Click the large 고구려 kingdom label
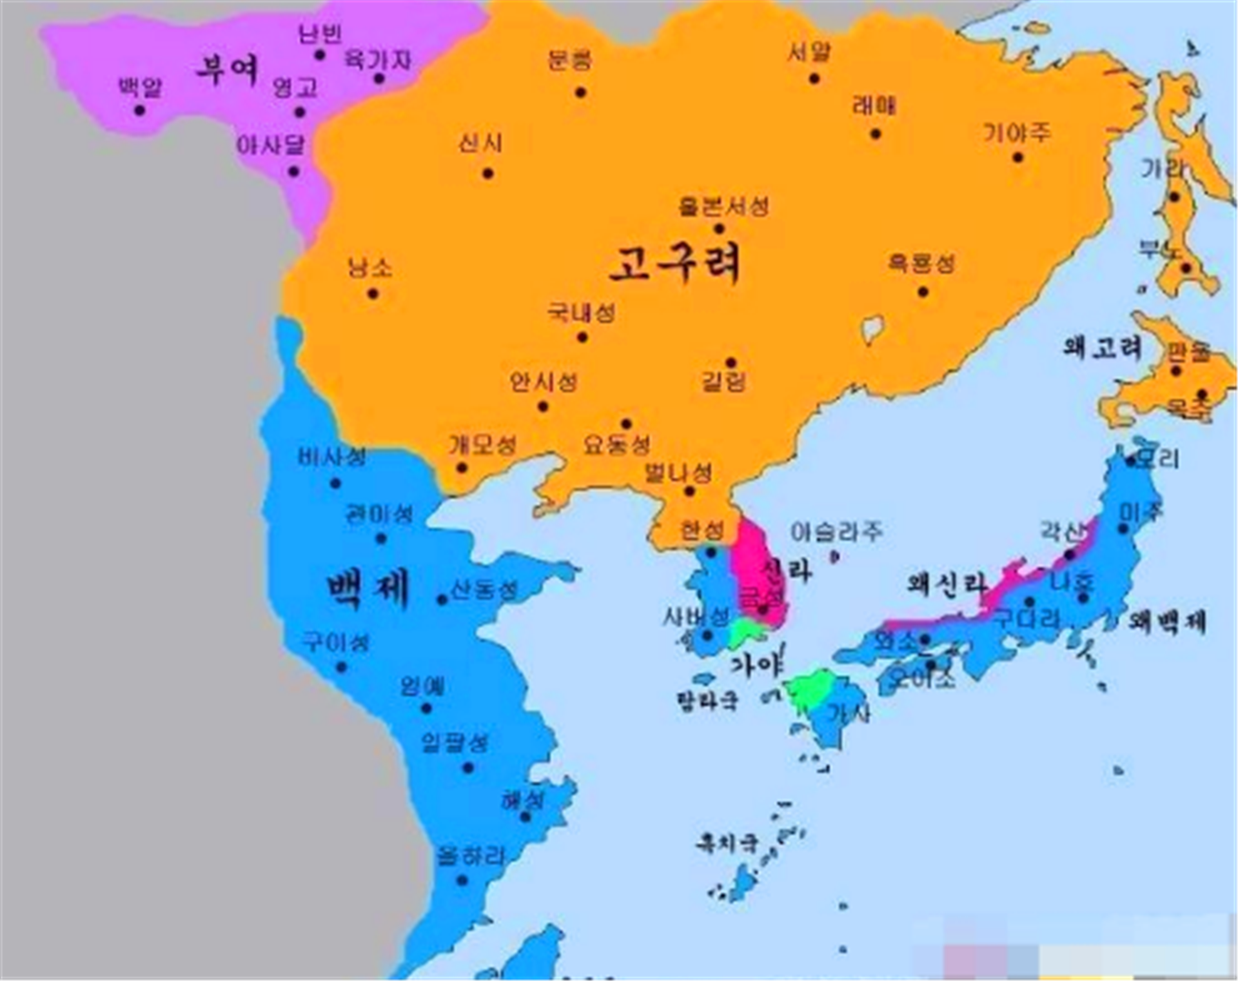[674, 263]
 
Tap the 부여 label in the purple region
[227, 69]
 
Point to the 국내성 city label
[581, 313]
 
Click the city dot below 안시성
[543, 407]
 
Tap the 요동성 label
[616, 445]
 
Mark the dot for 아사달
[294, 172]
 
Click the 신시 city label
[480, 143]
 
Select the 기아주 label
[1017, 134]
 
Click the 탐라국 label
[707, 700]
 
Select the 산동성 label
[484, 590]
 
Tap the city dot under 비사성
[335, 484]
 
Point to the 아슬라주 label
[836, 532]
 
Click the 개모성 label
[483, 445]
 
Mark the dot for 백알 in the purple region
[139, 111]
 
